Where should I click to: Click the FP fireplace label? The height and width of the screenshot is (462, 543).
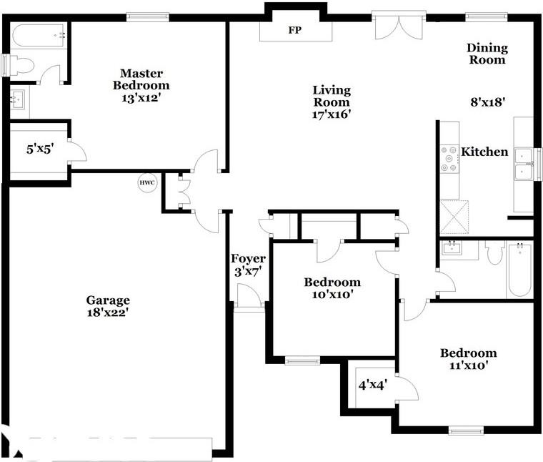(x=294, y=30)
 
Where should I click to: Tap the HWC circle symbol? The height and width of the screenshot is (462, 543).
(x=147, y=182)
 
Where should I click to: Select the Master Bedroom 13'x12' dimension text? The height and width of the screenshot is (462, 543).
(x=141, y=98)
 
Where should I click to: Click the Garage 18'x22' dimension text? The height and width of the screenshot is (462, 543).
(x=108, y=313)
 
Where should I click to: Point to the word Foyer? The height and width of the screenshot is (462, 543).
(x=249, y=259)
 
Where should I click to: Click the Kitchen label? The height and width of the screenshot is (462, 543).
(x=484, y=152)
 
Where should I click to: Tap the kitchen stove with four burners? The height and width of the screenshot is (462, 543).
(x=449, y=159)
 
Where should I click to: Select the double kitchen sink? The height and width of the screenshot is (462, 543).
(x=523, y=164)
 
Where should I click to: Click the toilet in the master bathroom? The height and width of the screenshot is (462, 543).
(x=21, y=65)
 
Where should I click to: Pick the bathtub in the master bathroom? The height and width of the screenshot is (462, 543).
(x=38, y=35)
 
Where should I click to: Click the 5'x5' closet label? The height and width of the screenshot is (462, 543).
(x=40, y=149)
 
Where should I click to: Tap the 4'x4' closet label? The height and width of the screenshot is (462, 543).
(x=372, y=385)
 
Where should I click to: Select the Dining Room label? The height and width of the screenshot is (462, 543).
(x=487, y=54)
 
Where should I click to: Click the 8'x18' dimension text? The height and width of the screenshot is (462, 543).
(x=488, y=102)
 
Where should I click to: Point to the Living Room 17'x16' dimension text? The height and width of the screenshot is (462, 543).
(x=332, y=114)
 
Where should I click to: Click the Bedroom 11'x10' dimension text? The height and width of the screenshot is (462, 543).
(x=469, y=365)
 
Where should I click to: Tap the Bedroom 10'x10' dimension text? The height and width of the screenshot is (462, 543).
(x=332, y=295)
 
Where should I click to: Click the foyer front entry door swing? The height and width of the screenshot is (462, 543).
(x=249, y=295)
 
